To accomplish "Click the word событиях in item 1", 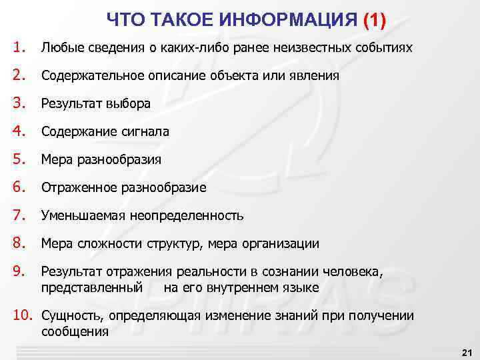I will [x=384, y=48].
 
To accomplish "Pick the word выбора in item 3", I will [x=128, y=104].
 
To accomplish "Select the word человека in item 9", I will [x=353, y=272].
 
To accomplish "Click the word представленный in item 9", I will [x=92, y=288].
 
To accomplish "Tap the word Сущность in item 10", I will [x=71, y=316].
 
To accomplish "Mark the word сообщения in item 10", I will [x=75, y=331].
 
